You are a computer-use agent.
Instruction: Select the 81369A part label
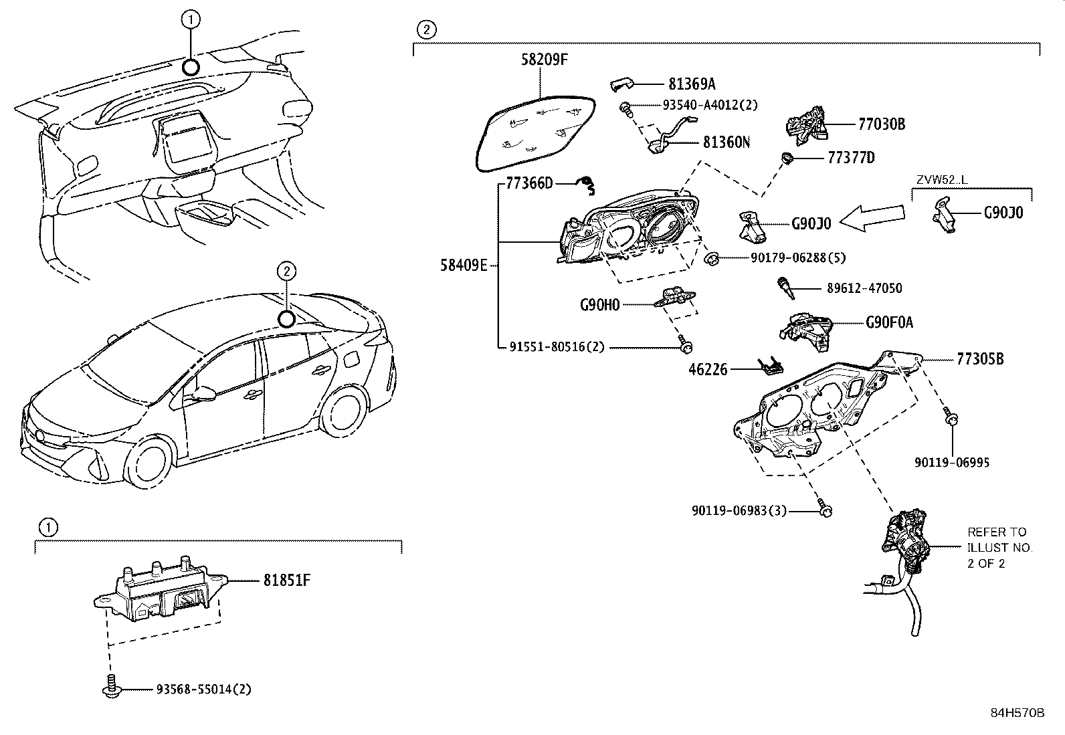(x=692, y=84)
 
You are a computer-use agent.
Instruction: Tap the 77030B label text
(x=881, y=124)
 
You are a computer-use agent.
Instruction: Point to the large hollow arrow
(x=872, y=217)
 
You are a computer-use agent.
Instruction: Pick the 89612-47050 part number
(x=864, y=288)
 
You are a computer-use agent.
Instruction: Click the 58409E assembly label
(x=464, y=266)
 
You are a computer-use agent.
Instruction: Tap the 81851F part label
(x=286, y=581)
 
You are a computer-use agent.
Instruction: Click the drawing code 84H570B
(x=1017, y=713)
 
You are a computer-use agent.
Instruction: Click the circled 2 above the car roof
(x=286, y=271)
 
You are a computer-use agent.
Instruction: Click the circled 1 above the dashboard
(x=190, y=20)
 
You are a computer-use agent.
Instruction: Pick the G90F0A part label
(x=889, y=323)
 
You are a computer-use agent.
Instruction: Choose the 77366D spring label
(x=529, y=183)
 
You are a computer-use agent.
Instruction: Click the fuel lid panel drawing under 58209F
(x=539, y=130)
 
